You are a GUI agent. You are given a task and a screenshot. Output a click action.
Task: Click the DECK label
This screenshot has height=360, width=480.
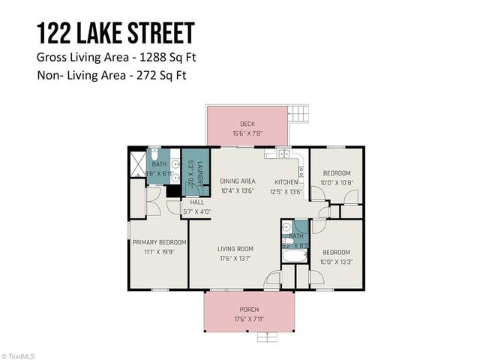tap(247, 124)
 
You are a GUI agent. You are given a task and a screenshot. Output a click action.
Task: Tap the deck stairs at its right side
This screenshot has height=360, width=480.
tap(298, 115)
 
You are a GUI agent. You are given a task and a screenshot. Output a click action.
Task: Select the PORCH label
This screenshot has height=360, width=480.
tap(248, 309)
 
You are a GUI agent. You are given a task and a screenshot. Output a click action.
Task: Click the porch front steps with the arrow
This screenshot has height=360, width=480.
tap(266, 337)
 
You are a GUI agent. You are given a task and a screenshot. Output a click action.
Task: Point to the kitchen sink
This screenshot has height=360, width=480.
tap(283, 154)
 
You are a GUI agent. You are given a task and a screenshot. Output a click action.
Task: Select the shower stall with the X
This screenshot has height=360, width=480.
tap(136, 162)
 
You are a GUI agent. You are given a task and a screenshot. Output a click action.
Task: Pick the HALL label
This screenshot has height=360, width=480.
tap(197, 202)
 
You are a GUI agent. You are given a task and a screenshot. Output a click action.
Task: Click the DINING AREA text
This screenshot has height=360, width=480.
tap(238, 181)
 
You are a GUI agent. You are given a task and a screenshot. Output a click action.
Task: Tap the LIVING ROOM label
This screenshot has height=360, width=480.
tap(235, 249)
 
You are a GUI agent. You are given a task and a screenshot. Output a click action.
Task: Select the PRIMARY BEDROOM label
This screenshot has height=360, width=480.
tap(159, 242)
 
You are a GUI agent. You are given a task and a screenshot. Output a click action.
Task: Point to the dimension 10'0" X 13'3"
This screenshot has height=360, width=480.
tap(336, 262)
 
